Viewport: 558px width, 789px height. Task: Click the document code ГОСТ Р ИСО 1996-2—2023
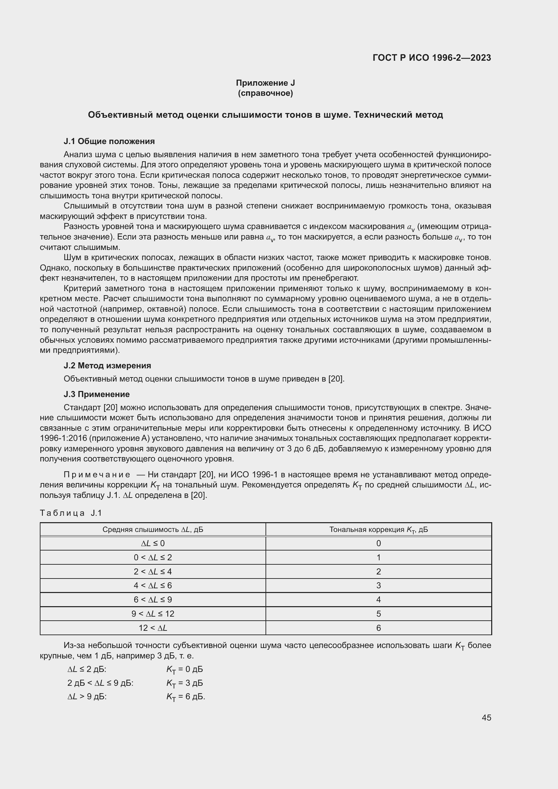tap(431, 58)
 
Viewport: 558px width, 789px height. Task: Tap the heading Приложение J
tap(265, 83)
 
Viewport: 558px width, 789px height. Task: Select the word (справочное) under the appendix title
tap(265, 93)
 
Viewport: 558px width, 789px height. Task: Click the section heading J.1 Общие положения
tap(109, 141)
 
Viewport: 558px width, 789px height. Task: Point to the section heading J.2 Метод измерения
tap(107, 365)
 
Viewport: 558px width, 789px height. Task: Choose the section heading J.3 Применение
tap(96, 394)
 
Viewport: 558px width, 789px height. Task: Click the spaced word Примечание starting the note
tap(97, 475)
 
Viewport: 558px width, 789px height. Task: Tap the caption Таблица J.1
tap(71, 513)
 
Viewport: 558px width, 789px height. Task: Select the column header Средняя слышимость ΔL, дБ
tap(153, 530)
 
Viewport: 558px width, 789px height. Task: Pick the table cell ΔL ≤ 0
tap(153, 543)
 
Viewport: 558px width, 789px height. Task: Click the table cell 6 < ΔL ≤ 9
tap(153, 600)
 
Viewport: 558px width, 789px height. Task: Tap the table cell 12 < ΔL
tap(153, 628)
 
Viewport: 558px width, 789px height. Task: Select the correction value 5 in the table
tap(378, 614)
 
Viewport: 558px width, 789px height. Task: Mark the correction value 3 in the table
tap(378, 586)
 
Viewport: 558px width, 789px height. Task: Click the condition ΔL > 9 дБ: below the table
tap(87, 697)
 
